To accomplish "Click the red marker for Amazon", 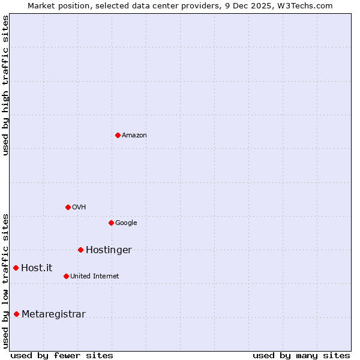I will point(118,135).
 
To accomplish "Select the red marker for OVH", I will point(68,207).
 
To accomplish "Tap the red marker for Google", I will point(111,223).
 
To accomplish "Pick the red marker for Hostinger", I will point(80,250).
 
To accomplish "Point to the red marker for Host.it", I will point(16,268).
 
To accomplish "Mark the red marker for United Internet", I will point(66,276).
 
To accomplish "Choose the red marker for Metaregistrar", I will point(16,314).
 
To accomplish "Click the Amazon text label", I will point(134,136).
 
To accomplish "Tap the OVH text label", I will point(79,208).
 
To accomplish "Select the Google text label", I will point(126,223).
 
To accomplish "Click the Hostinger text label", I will point(109,250).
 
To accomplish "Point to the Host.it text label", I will point(37,268).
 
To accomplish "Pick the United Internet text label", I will point(94,277).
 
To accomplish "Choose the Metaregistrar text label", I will point(53,314).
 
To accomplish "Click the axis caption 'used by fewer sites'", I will point(62,355).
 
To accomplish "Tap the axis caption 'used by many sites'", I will point(301,355).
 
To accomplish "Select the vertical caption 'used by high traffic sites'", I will point(6,85).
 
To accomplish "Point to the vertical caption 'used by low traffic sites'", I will point(6,280).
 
